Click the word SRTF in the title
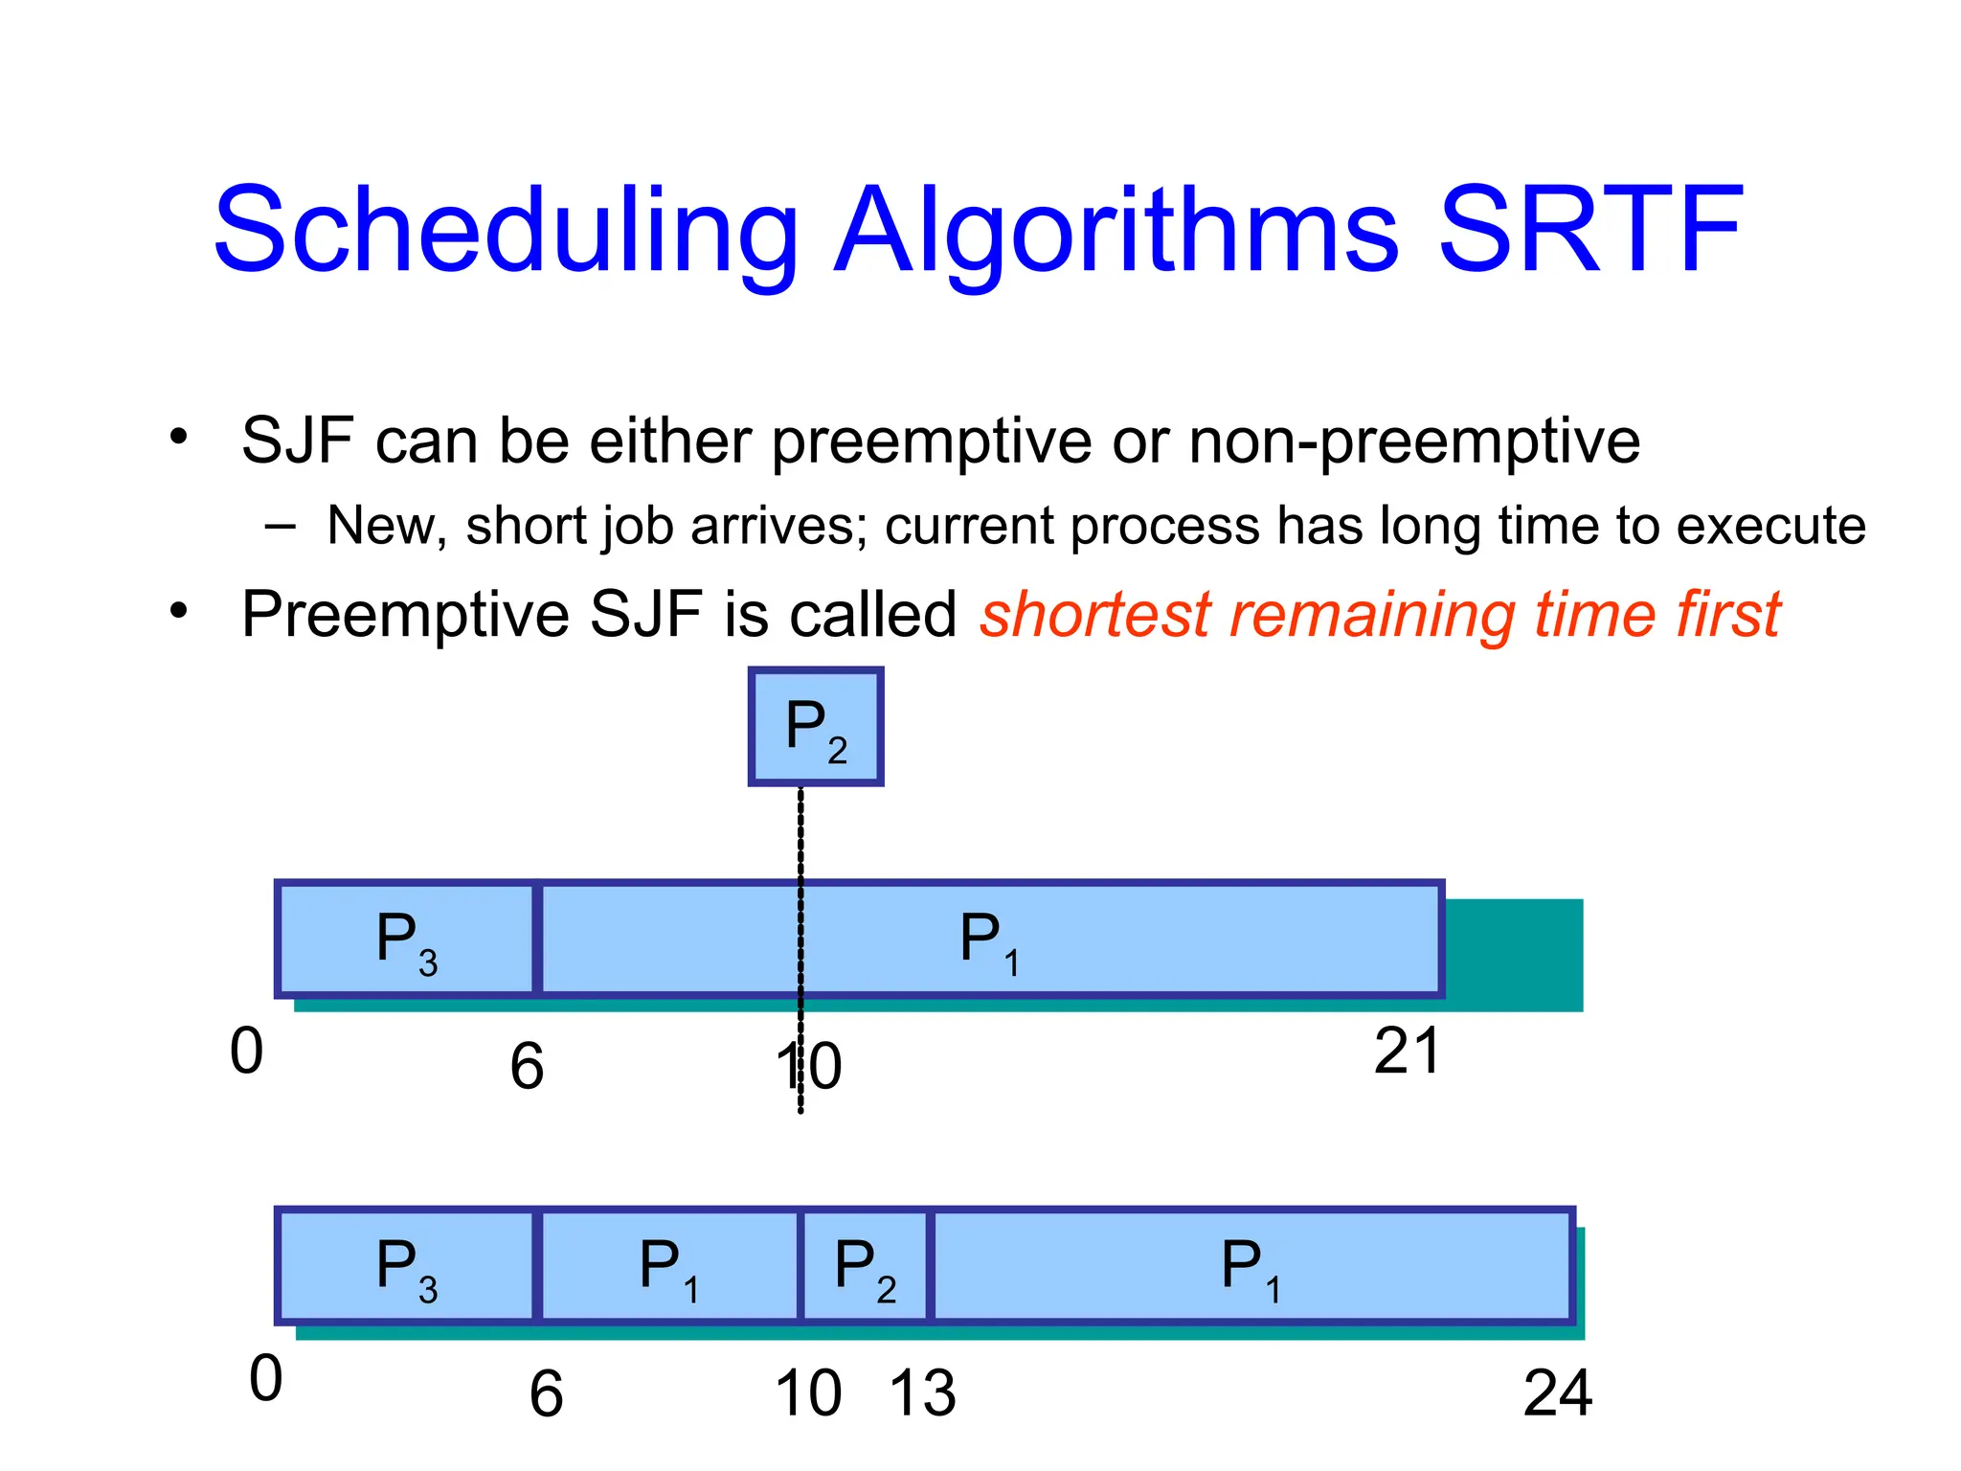(x=1589, y=232)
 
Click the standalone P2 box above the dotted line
(x=815, y=727)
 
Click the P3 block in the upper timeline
(x=406, y=939)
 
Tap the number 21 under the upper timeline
(x=1406, y=1052)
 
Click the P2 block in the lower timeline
(x=865, y=1267)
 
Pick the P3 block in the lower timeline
(x=406, y=1267)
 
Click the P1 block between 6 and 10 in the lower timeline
(x=668, y=1267)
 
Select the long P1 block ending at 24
(x=1251, y=1267)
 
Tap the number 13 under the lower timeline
(x=922, y=1393)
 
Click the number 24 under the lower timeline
(x=1557, y=1393)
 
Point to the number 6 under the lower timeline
(x=546, y=1395)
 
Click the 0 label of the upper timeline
(x=246, y=1052)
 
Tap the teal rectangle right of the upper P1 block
(x=1513, y=954)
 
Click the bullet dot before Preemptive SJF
(x=178, y=610)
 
